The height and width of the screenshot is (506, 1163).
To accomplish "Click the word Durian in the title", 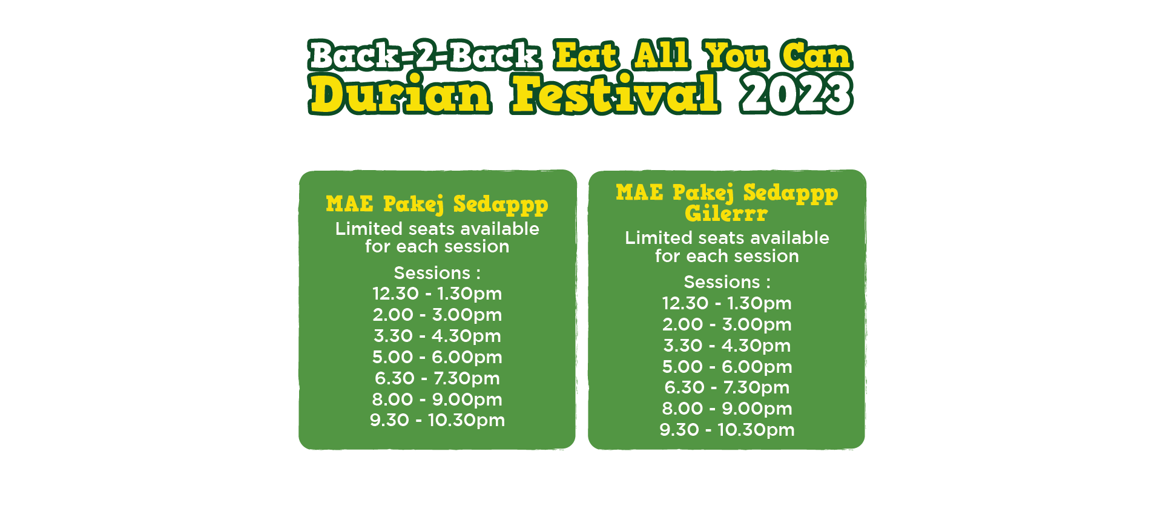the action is click(400, 94).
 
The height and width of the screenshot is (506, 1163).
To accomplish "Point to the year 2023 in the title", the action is click(796, 94).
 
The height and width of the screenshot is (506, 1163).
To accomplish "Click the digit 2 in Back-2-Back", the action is click(426, 56).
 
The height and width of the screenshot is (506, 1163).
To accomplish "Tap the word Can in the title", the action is click(816, 56).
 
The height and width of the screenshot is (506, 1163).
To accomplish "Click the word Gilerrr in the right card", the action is click(726, 213).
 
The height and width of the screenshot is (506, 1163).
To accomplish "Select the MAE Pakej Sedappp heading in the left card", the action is click(437, 205).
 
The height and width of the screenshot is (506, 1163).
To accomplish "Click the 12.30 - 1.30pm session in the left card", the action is click(437, 294).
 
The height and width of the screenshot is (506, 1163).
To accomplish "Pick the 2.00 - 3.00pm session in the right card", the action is click(727, 324).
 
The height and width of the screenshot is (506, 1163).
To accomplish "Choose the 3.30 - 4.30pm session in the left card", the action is click(437, 336).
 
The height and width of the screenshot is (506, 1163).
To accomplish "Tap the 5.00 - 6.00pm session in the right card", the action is click(727, 367).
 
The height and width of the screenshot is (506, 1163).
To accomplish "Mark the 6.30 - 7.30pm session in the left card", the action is click(437, 378).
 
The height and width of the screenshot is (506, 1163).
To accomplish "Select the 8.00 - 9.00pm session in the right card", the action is click(727, 409).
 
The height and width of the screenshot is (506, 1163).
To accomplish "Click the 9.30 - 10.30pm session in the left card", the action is click(437, 420).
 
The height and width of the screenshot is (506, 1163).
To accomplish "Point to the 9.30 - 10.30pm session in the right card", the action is click(727, 430).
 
